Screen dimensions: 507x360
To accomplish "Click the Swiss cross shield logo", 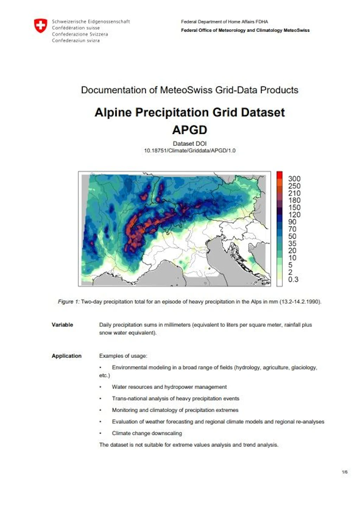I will pyautogui.click(x=41, y=26).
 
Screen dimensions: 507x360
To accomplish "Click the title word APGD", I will pyautogui.click(x=189, y=130).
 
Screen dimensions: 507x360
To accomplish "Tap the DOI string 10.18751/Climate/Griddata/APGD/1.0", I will pyautogui.click(x=189, y=150).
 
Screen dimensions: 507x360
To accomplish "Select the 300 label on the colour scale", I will pyautogui.click(x=294, y=179).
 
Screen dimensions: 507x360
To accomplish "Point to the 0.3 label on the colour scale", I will pyautogui.click(x=293, y=280).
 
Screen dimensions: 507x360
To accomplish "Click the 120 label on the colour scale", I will pyautogui.click(x=294, y=215).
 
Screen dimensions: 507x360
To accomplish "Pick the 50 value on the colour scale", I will pyautogui.click(x=292, y=236).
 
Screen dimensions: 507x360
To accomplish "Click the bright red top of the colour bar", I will pyautogui.click(x=279, y=175).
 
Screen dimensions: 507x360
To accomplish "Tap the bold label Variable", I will pyautogui.click(x=62, y=325).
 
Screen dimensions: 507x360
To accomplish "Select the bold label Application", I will pyautogui.click(x=66, y=356).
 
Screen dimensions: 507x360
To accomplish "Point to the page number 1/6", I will pyautogui.click(x=345, y=472).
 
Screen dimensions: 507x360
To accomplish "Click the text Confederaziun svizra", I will pyautogui.click(x=76, y=40).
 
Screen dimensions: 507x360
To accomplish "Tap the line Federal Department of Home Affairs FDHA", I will pyautogui.click(x=224, y=22).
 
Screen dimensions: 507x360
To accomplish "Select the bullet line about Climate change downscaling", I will pyautogui.click(x=147, y=433).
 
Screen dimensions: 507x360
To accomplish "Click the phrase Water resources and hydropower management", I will pyautogui.click(x=169, y=387).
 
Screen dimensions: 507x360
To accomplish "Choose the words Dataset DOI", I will pyautogui.click(x=189, y=143).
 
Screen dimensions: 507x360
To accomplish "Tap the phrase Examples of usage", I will pyautogui.click(x=123, y=356).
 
